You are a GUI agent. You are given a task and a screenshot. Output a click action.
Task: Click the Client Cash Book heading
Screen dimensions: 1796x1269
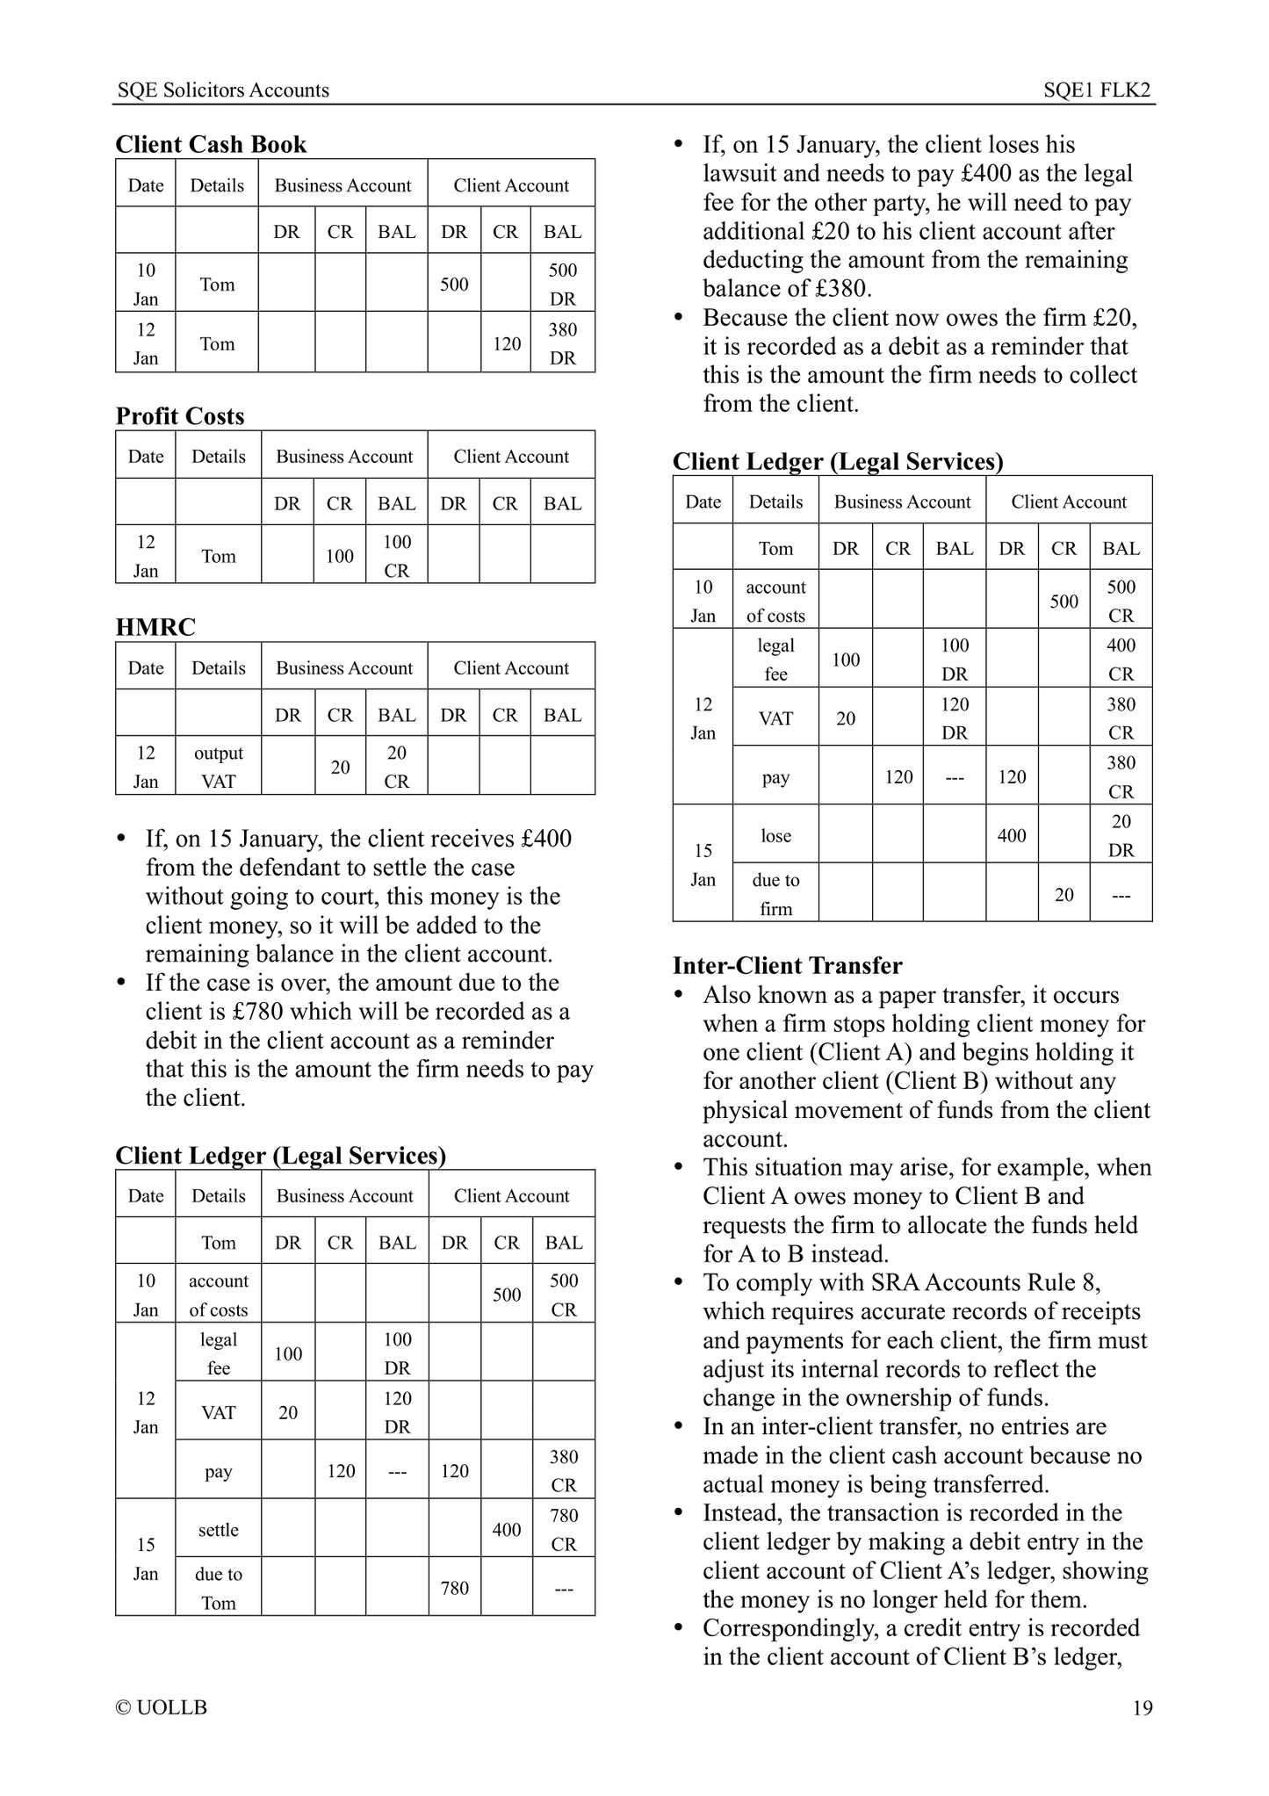pyautogui.click(x=211, y=144)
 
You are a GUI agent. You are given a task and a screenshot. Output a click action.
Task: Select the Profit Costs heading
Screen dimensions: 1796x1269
pyautogui.click(x=180, y=415)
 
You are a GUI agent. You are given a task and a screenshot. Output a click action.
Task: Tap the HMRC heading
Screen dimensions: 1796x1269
pyautogui.click(x=155, y=626)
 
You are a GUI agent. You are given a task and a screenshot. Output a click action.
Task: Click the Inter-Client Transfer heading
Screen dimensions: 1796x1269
pyautogui.click(x=787, y=965)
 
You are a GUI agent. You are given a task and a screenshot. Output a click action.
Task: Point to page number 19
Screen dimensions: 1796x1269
pyautogui.click(x=1142, y=1707)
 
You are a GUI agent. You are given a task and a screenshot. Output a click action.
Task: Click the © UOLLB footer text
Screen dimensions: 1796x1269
pyautogui.click(x=162, y=1707)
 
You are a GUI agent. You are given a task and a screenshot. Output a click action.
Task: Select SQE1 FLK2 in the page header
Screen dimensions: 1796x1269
pyautogui.click(x=1097, y=90)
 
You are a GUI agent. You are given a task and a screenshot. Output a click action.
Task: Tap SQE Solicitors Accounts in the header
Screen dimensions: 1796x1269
pyautogui.click(x=223, y=90)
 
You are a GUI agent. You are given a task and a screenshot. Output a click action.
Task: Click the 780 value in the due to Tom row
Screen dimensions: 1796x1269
pyautogui.click(x=454, y=1587)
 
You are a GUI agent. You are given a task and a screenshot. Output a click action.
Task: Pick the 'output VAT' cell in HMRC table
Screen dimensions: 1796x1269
pyautogui.click(x=218, y=767)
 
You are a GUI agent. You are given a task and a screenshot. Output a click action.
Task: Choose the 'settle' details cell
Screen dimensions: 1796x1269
pyautogui.click(x=218, y=1529)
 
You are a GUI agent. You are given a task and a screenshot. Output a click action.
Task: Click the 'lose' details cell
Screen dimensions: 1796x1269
pyautogui.click(x=775, y=835)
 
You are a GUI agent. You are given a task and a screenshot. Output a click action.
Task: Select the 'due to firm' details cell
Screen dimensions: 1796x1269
pyautogui.click(x=775, y=894)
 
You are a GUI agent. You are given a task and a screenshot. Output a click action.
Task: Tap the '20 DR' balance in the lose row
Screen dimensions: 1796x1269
pyautogui.click(x=1121, y=835)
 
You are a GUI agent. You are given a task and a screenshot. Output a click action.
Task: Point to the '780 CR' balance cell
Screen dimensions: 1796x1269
pyautogui.click(x=563, y=1529)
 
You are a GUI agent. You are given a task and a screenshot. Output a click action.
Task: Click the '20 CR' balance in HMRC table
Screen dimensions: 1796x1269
pyautogui.click(x=396, y=767)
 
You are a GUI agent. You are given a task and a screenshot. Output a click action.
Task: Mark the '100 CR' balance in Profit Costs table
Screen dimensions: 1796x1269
pyautogui.click(x=396, y=556)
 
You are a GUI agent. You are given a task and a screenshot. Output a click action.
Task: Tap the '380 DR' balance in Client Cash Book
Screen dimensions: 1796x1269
pyautogui.click(x=562, y=343)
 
